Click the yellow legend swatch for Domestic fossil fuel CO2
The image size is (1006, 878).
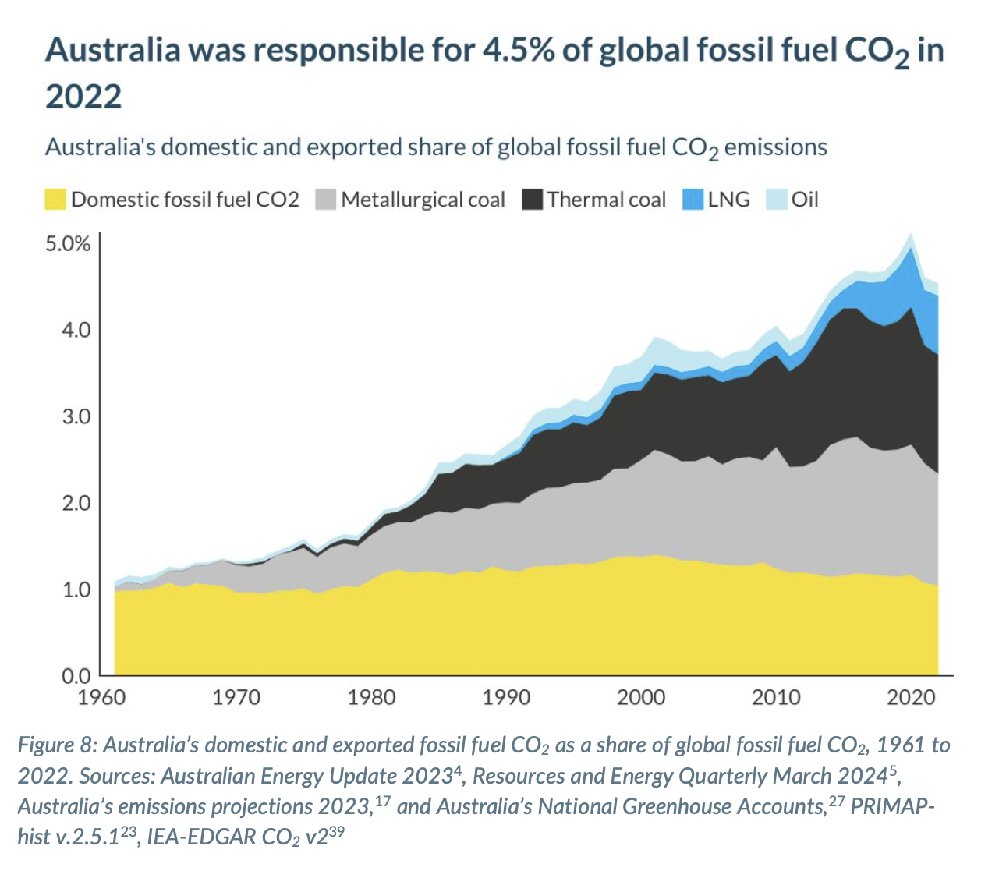tap(55, 200)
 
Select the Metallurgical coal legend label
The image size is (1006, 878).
tap(423, 200)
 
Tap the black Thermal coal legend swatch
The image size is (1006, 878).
tap(532, 200)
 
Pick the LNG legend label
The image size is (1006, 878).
tap(728, 200)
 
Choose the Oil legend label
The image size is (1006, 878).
tap(805, 200)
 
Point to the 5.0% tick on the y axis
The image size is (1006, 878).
tap(68, 244)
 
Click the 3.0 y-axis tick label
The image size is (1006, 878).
tap(76, 416)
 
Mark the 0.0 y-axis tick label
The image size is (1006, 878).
tap(76, 675)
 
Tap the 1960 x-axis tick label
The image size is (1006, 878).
tap(101, 696)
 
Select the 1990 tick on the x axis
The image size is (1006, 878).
tap(506, 696)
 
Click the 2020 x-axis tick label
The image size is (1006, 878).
tap(911, 696)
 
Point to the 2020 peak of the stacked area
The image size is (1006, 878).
tap(910, 235)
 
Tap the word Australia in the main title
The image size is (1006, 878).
tap(113, 51)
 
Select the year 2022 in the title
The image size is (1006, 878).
tap(83, 97)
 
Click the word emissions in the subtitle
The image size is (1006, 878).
tap(775, 147)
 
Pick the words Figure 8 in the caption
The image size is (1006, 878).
tap(56, 745)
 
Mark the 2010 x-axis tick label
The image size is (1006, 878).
tap(776, 696)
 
